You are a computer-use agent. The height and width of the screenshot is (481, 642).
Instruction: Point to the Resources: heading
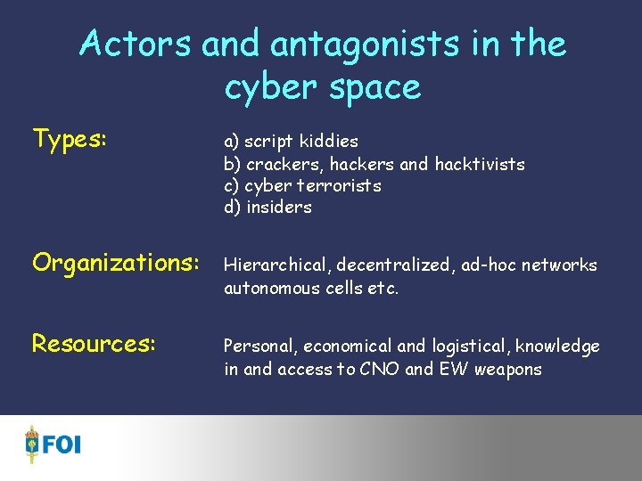point(94,344)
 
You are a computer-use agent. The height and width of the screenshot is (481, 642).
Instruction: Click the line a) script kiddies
point(291,142)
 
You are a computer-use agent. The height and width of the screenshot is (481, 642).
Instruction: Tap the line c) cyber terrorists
point(302,185)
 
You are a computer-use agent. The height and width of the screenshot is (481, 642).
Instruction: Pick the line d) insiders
point(267,207)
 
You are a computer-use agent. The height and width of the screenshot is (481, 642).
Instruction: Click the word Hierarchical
point(275,265)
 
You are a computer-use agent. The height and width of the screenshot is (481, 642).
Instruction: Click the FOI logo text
point(62,444)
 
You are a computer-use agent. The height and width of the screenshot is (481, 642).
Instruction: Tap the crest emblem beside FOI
point(33,444)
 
